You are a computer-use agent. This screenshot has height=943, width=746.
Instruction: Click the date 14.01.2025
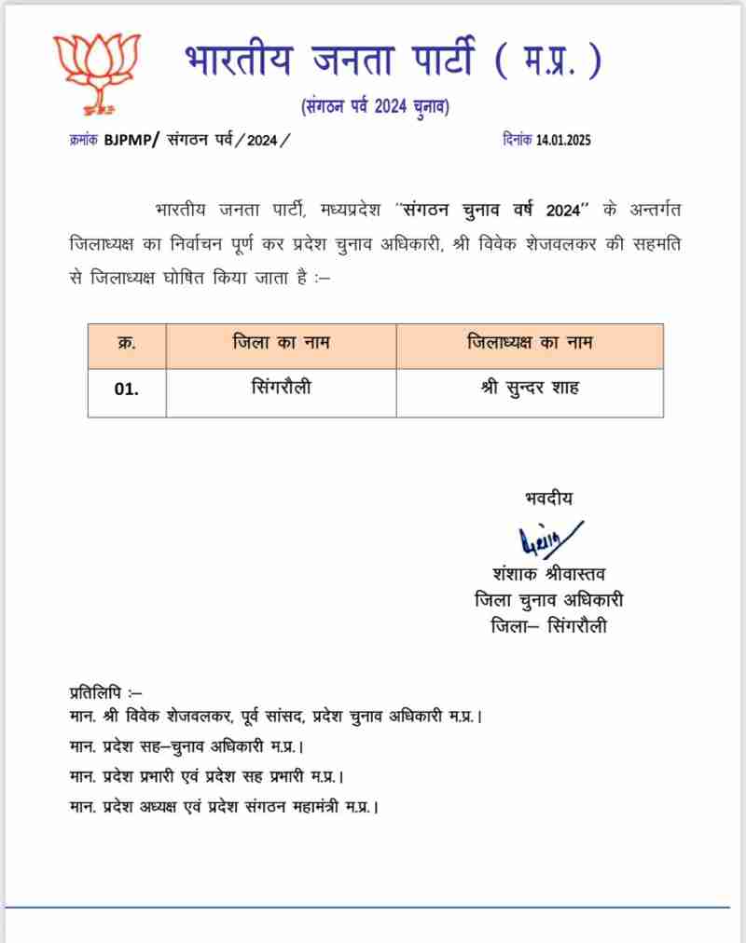563,140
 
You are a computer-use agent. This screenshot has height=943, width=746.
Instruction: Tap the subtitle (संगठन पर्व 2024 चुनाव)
376,107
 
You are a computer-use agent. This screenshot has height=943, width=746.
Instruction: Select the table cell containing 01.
127,390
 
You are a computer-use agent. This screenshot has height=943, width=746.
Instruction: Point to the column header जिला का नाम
281,344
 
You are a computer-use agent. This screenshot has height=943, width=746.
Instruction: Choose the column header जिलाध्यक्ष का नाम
529,344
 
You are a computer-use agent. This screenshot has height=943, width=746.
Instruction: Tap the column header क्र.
127,344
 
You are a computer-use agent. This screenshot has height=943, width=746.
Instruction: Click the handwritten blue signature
549,540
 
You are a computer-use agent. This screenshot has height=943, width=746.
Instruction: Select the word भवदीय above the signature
549,499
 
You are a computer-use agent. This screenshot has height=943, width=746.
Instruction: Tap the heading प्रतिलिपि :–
105,691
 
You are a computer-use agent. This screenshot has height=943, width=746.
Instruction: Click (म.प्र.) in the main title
548,61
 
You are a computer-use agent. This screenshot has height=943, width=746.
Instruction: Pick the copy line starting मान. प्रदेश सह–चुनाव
186,746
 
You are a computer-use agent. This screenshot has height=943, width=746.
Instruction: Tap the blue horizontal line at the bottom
373,907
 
